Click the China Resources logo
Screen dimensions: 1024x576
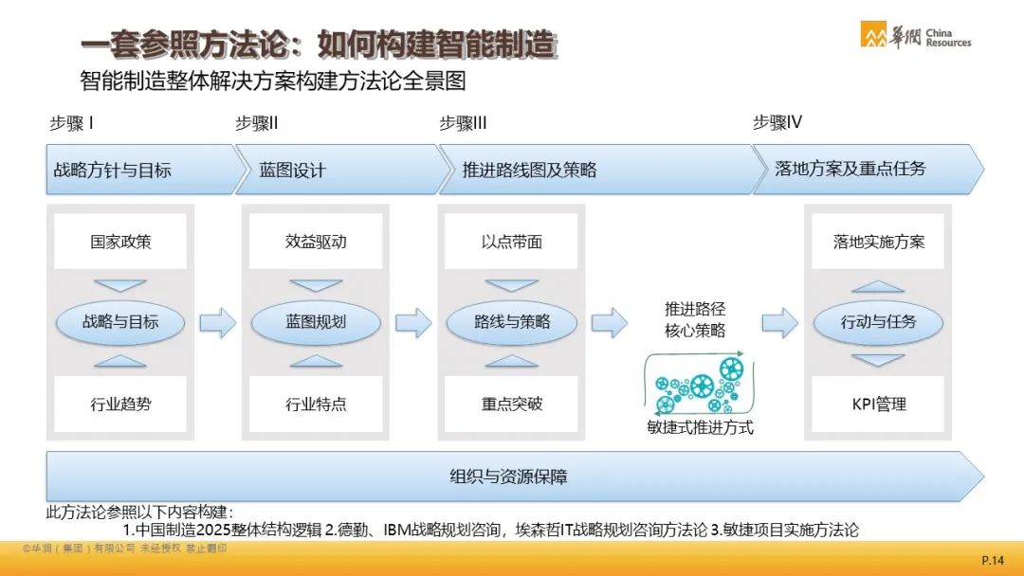pos(916,35)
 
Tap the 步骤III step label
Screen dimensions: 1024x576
pos(463,122)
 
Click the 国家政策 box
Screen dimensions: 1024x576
pos(120,242)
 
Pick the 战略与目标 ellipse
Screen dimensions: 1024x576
pos(120,321)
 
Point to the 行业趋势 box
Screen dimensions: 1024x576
pos(120,404)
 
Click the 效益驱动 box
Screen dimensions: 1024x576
pos(316,242)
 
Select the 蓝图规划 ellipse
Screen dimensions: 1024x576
pos(316,321)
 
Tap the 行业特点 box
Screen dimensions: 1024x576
pos(316,404)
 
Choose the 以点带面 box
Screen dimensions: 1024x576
pos(511,242)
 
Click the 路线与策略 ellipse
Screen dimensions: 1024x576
pos(511,321)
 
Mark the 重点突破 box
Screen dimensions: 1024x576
pos(511,404)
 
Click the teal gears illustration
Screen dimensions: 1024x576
pos(699,385)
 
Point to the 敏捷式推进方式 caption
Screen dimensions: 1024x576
pos(700,427)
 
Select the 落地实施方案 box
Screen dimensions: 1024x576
pos(878,242)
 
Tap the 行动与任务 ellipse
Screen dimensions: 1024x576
pos(878,321)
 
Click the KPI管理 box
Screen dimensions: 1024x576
pos(878,404)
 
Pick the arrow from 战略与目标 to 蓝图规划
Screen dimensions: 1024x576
pos(217,321)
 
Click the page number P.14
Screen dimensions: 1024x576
pos(992,560)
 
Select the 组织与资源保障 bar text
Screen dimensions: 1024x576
pos(508,477)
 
